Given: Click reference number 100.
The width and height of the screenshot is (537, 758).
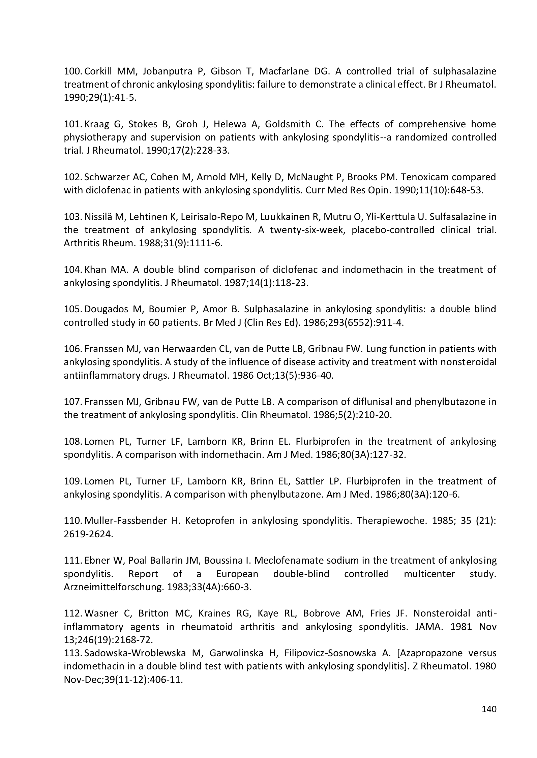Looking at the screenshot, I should click(x=72, y=71).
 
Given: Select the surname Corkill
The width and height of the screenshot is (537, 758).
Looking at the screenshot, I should click(x=98, y=71).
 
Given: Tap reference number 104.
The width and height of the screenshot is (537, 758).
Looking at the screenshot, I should click(x=72, y=270).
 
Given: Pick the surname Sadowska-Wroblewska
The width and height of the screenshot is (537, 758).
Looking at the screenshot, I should click(x=135, y=653).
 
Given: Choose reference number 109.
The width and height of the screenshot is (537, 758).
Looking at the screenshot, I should click(x=72, y=481).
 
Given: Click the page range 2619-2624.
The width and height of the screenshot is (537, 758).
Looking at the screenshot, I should click(x=88, y=534).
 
